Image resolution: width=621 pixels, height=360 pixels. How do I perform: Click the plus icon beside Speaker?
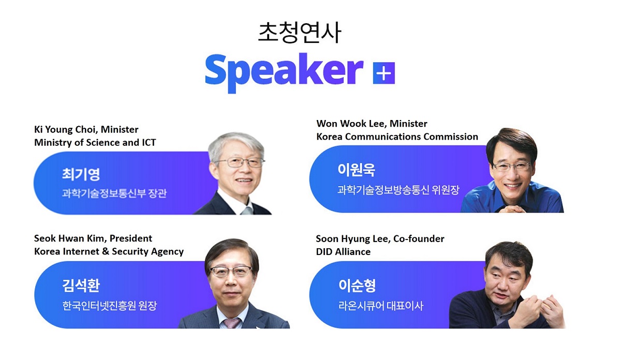point(383,73)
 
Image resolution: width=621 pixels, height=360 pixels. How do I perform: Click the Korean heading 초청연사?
point(300,33)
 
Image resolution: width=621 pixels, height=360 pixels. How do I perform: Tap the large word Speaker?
point(284,72)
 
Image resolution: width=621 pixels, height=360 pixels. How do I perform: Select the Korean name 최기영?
point(81,174)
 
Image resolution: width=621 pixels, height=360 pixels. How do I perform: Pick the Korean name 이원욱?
point(356,170)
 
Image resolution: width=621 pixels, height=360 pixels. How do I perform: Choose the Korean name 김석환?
point(81,286)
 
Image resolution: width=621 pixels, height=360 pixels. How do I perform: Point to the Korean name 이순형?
point(357,286)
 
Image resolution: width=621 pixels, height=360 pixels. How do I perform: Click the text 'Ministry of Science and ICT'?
point(95,142)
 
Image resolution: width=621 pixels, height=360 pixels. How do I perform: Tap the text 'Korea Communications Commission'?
point(397,137)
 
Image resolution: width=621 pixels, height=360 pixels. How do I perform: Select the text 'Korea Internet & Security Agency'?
point(109,251)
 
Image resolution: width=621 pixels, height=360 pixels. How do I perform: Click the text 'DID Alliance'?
point(343,252)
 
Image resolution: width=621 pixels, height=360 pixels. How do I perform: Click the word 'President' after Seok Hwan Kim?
point(131,238)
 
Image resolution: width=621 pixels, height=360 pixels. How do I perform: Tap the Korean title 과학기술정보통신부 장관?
point(114,193)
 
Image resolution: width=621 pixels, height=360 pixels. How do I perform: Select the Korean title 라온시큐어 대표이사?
point(381,306)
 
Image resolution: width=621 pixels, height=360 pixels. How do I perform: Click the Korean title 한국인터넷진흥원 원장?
point(110,306)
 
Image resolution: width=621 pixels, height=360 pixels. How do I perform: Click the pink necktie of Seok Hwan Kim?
point(231,323)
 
